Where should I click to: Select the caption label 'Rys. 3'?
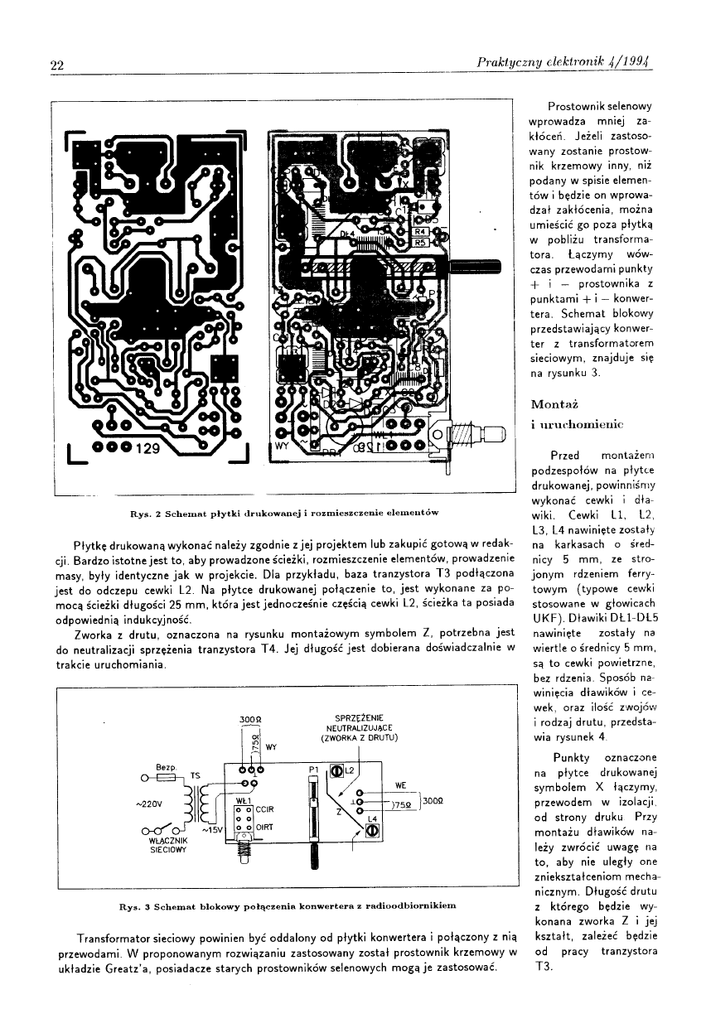(134, 906)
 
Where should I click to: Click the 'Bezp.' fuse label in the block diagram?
(163, 767)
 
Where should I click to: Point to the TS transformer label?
(196, 775)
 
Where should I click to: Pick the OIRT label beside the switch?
(265, 827)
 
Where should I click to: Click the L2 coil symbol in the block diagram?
(337, 771)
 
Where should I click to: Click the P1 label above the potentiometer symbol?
(313, 770)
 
